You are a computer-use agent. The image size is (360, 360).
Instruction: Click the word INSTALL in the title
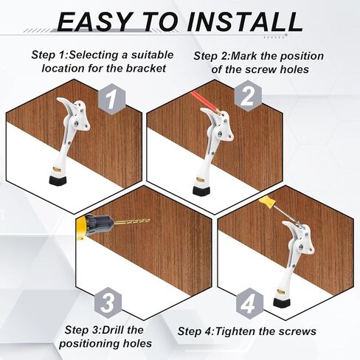pos(244,21)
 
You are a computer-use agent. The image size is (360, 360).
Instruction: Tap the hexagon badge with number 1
pos(112,99)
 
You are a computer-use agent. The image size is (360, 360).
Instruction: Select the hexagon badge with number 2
pos(248,96)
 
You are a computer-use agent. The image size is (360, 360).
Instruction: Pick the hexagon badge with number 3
pos(108,303)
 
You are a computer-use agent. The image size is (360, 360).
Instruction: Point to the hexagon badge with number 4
pos(249,304)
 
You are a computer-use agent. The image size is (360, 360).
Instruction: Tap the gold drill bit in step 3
pos(133,223)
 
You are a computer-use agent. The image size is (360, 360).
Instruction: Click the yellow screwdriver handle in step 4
pos(267,202)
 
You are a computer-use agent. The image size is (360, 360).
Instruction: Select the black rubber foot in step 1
pos(58,181)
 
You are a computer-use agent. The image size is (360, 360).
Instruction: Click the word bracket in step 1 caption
pos(146,68)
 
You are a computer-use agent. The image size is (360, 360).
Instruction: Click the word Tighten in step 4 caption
pos(235,331)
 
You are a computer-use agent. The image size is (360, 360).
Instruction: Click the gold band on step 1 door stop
pos(58,170)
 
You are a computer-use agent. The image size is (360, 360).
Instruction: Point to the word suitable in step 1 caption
pos(152,55)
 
